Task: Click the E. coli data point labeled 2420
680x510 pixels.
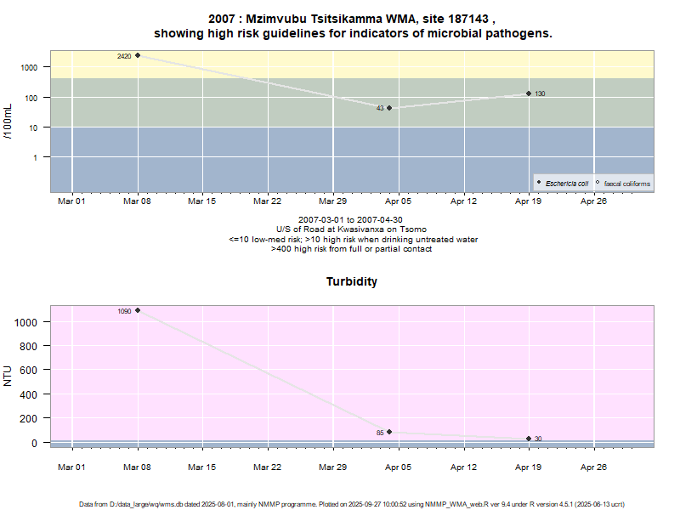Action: coord(138,56)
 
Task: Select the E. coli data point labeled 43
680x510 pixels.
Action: coord(389,108)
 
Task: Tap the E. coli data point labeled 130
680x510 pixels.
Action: coord(529,93)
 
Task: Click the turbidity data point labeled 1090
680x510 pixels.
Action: coord(138,310)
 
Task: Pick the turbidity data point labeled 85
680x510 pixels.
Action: coord(389,432)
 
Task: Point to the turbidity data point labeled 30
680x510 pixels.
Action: coord(529,439)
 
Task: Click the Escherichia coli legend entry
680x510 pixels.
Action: coord(565,184)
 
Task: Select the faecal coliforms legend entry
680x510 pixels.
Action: coord(625,184)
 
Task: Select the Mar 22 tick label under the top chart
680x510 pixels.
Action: coord(268,201)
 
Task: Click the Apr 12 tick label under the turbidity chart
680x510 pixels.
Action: coord(463,467)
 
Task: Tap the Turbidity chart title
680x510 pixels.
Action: coord(352,281)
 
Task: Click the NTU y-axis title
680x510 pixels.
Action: coord(9,375)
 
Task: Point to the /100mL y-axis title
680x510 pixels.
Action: coord(9,122)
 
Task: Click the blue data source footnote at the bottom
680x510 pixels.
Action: coord(353,504)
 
